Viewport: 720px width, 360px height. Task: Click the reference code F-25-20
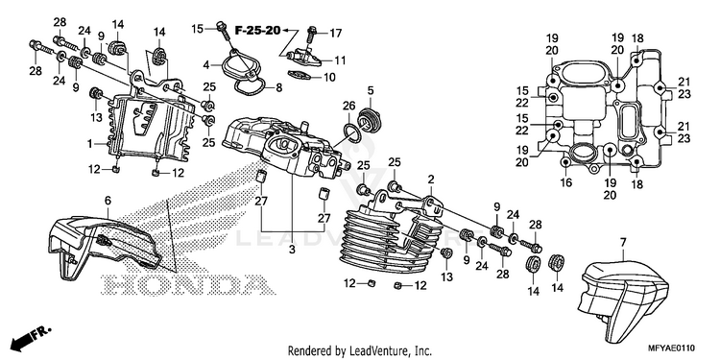click(x=257, y=31)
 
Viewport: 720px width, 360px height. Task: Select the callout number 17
click(x=336, y=33)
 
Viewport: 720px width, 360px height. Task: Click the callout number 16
click(x=566, y=182)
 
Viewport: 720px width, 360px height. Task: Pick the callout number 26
click(x=349, y=106)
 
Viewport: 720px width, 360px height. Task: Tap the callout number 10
click(x=329, y=77)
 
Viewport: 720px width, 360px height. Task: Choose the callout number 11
click(x=340, y=60)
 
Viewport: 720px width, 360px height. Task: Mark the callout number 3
click(x=292, y=250)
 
